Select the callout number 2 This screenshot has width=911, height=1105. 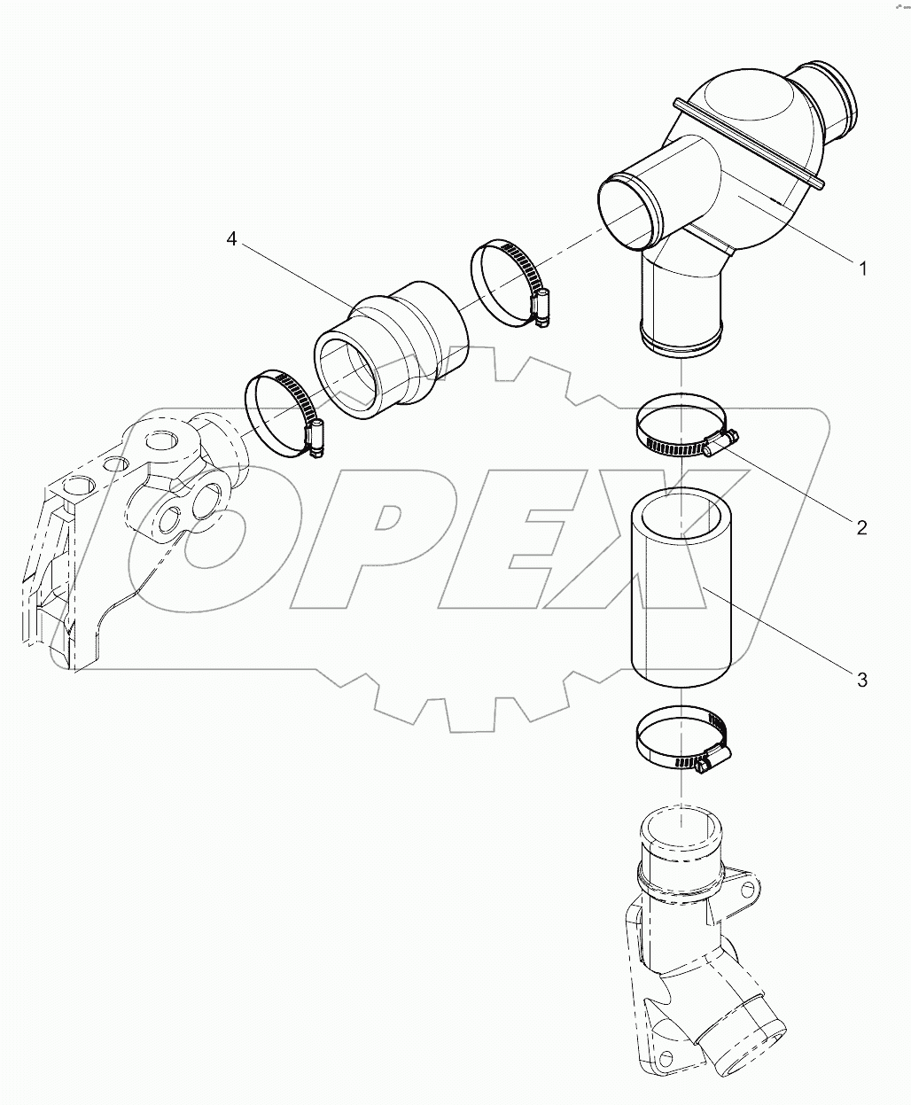[860, 527]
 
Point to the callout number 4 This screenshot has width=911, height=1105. [231, 239]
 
